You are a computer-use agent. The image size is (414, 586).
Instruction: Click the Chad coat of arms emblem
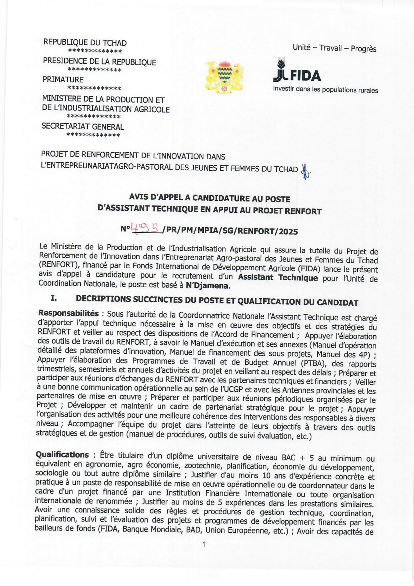point(224,76)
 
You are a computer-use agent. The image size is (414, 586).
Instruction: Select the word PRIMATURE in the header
point(63,79)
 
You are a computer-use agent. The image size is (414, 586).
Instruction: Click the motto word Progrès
point(363,49)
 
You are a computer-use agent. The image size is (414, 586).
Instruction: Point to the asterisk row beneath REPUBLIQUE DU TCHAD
point(95,51)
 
